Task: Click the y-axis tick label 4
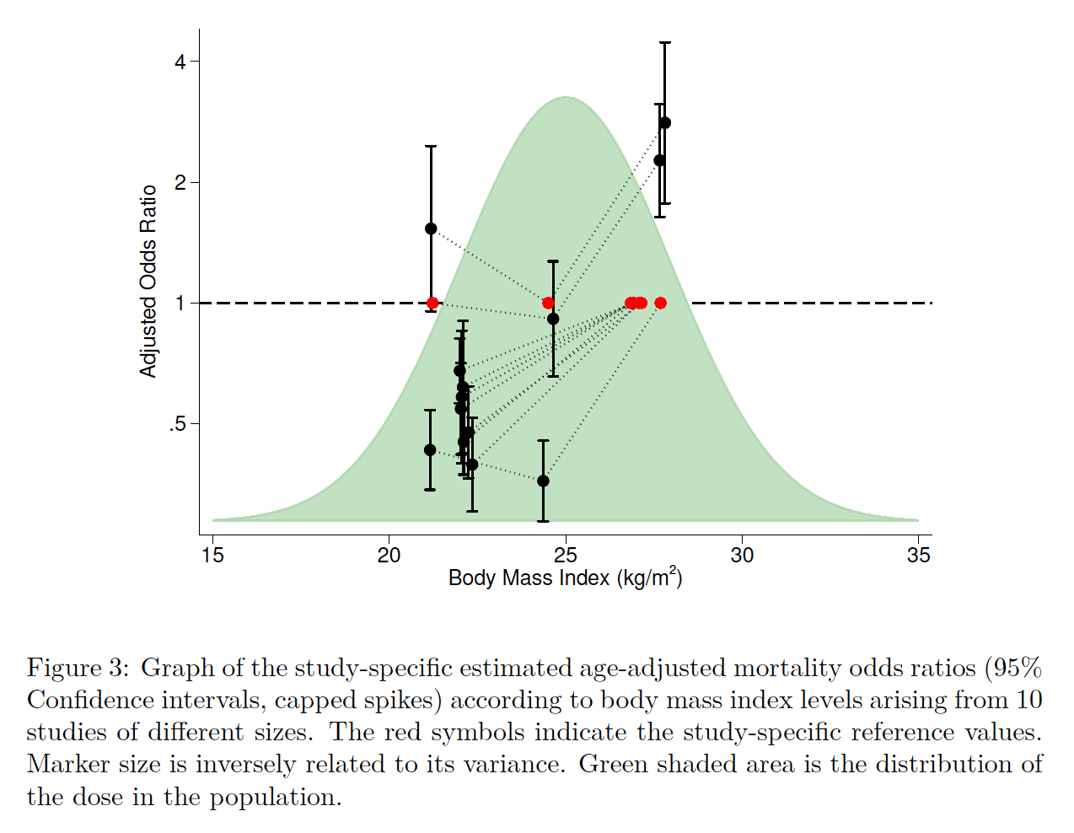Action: (x=180, y=62)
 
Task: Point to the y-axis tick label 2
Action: (x=180, y=183)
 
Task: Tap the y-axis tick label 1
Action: (x=180, y=304)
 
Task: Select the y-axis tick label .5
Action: (x=177, y=424)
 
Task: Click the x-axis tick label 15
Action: (x=212, y=555)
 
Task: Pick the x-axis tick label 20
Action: (x=389, y=555)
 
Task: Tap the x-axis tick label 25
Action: (x=566, y=555)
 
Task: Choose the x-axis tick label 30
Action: (x=742, y=555)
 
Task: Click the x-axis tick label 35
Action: (x=919, y=555)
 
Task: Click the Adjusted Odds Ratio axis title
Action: (x=148, y=282)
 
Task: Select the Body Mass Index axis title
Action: (x=565, y=578)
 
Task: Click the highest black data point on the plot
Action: (x=664, y=123)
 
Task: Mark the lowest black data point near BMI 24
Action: (x=543, y=481)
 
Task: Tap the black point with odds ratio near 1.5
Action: (x=431, y=228)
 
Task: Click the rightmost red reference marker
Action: (x=660, y=303)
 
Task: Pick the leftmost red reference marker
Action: (x=432, y=303)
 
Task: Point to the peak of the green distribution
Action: (x=566, y=98)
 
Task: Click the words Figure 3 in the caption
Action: (x=78, y=668)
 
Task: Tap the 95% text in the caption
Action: (x=1018, y=668)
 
